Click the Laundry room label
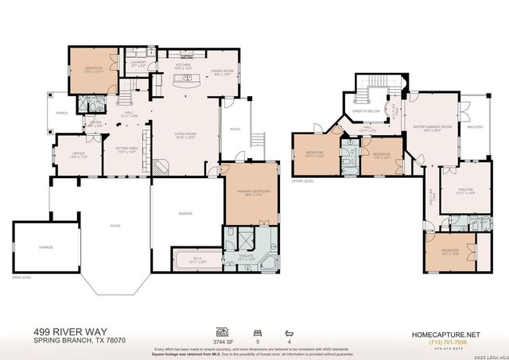tap(138, 63)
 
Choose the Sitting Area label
tap(127, 149)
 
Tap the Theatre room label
tap(466, 191)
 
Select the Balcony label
tap(475, 127)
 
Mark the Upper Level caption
tap(302, 181)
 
